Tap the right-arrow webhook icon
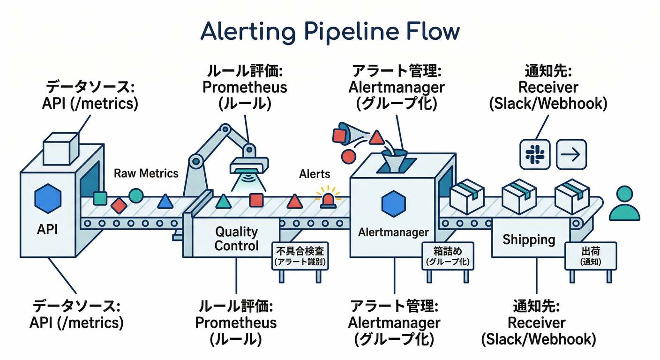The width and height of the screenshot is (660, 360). (x=571, y=154)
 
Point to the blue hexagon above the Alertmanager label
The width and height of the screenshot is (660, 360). (x=390, y=204)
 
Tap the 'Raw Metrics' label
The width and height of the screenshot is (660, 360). (x=146, y=173)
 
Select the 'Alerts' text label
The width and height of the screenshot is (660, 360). (x=315, y=174)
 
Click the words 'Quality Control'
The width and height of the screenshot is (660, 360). (x=236, y=239)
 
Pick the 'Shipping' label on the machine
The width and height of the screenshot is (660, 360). (x=529, y=240)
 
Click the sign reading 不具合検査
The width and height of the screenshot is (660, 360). (x=300, y=255)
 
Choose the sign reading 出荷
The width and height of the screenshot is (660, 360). (x=590, y=255)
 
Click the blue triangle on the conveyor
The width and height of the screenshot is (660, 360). (x=165, y=202)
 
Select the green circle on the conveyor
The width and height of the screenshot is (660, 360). (x=136, y=195)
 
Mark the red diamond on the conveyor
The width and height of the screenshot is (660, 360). (x=119, y=205)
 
